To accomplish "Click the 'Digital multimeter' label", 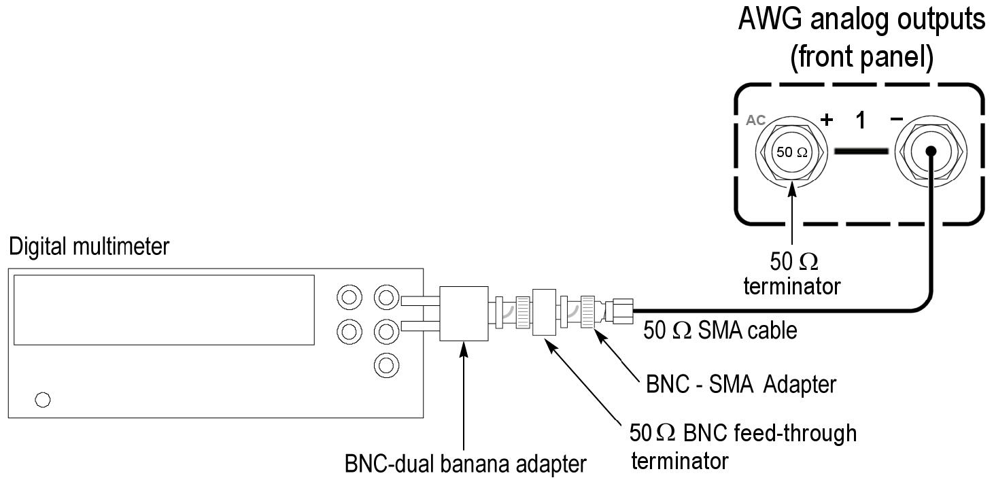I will point(88,247).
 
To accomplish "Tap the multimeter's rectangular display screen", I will point(164,310).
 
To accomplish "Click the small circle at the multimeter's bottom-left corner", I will point(42,400).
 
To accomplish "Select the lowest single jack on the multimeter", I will point(385,365).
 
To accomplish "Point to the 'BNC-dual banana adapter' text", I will point(465,464).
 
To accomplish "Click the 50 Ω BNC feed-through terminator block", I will point(545,313).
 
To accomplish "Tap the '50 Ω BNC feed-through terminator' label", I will point(742,445).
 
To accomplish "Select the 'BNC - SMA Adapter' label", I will point(740,385).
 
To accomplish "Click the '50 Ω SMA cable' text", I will point(720,331).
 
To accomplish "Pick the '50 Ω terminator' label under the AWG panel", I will point(792,273).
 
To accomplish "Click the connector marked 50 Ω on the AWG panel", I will point(792,152).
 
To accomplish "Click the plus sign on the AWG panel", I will point(827,120).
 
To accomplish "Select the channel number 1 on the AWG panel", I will point(861,120).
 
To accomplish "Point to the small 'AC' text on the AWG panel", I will point(756,120).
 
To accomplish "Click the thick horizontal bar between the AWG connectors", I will point(861,151).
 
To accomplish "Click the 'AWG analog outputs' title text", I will point(861,21).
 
